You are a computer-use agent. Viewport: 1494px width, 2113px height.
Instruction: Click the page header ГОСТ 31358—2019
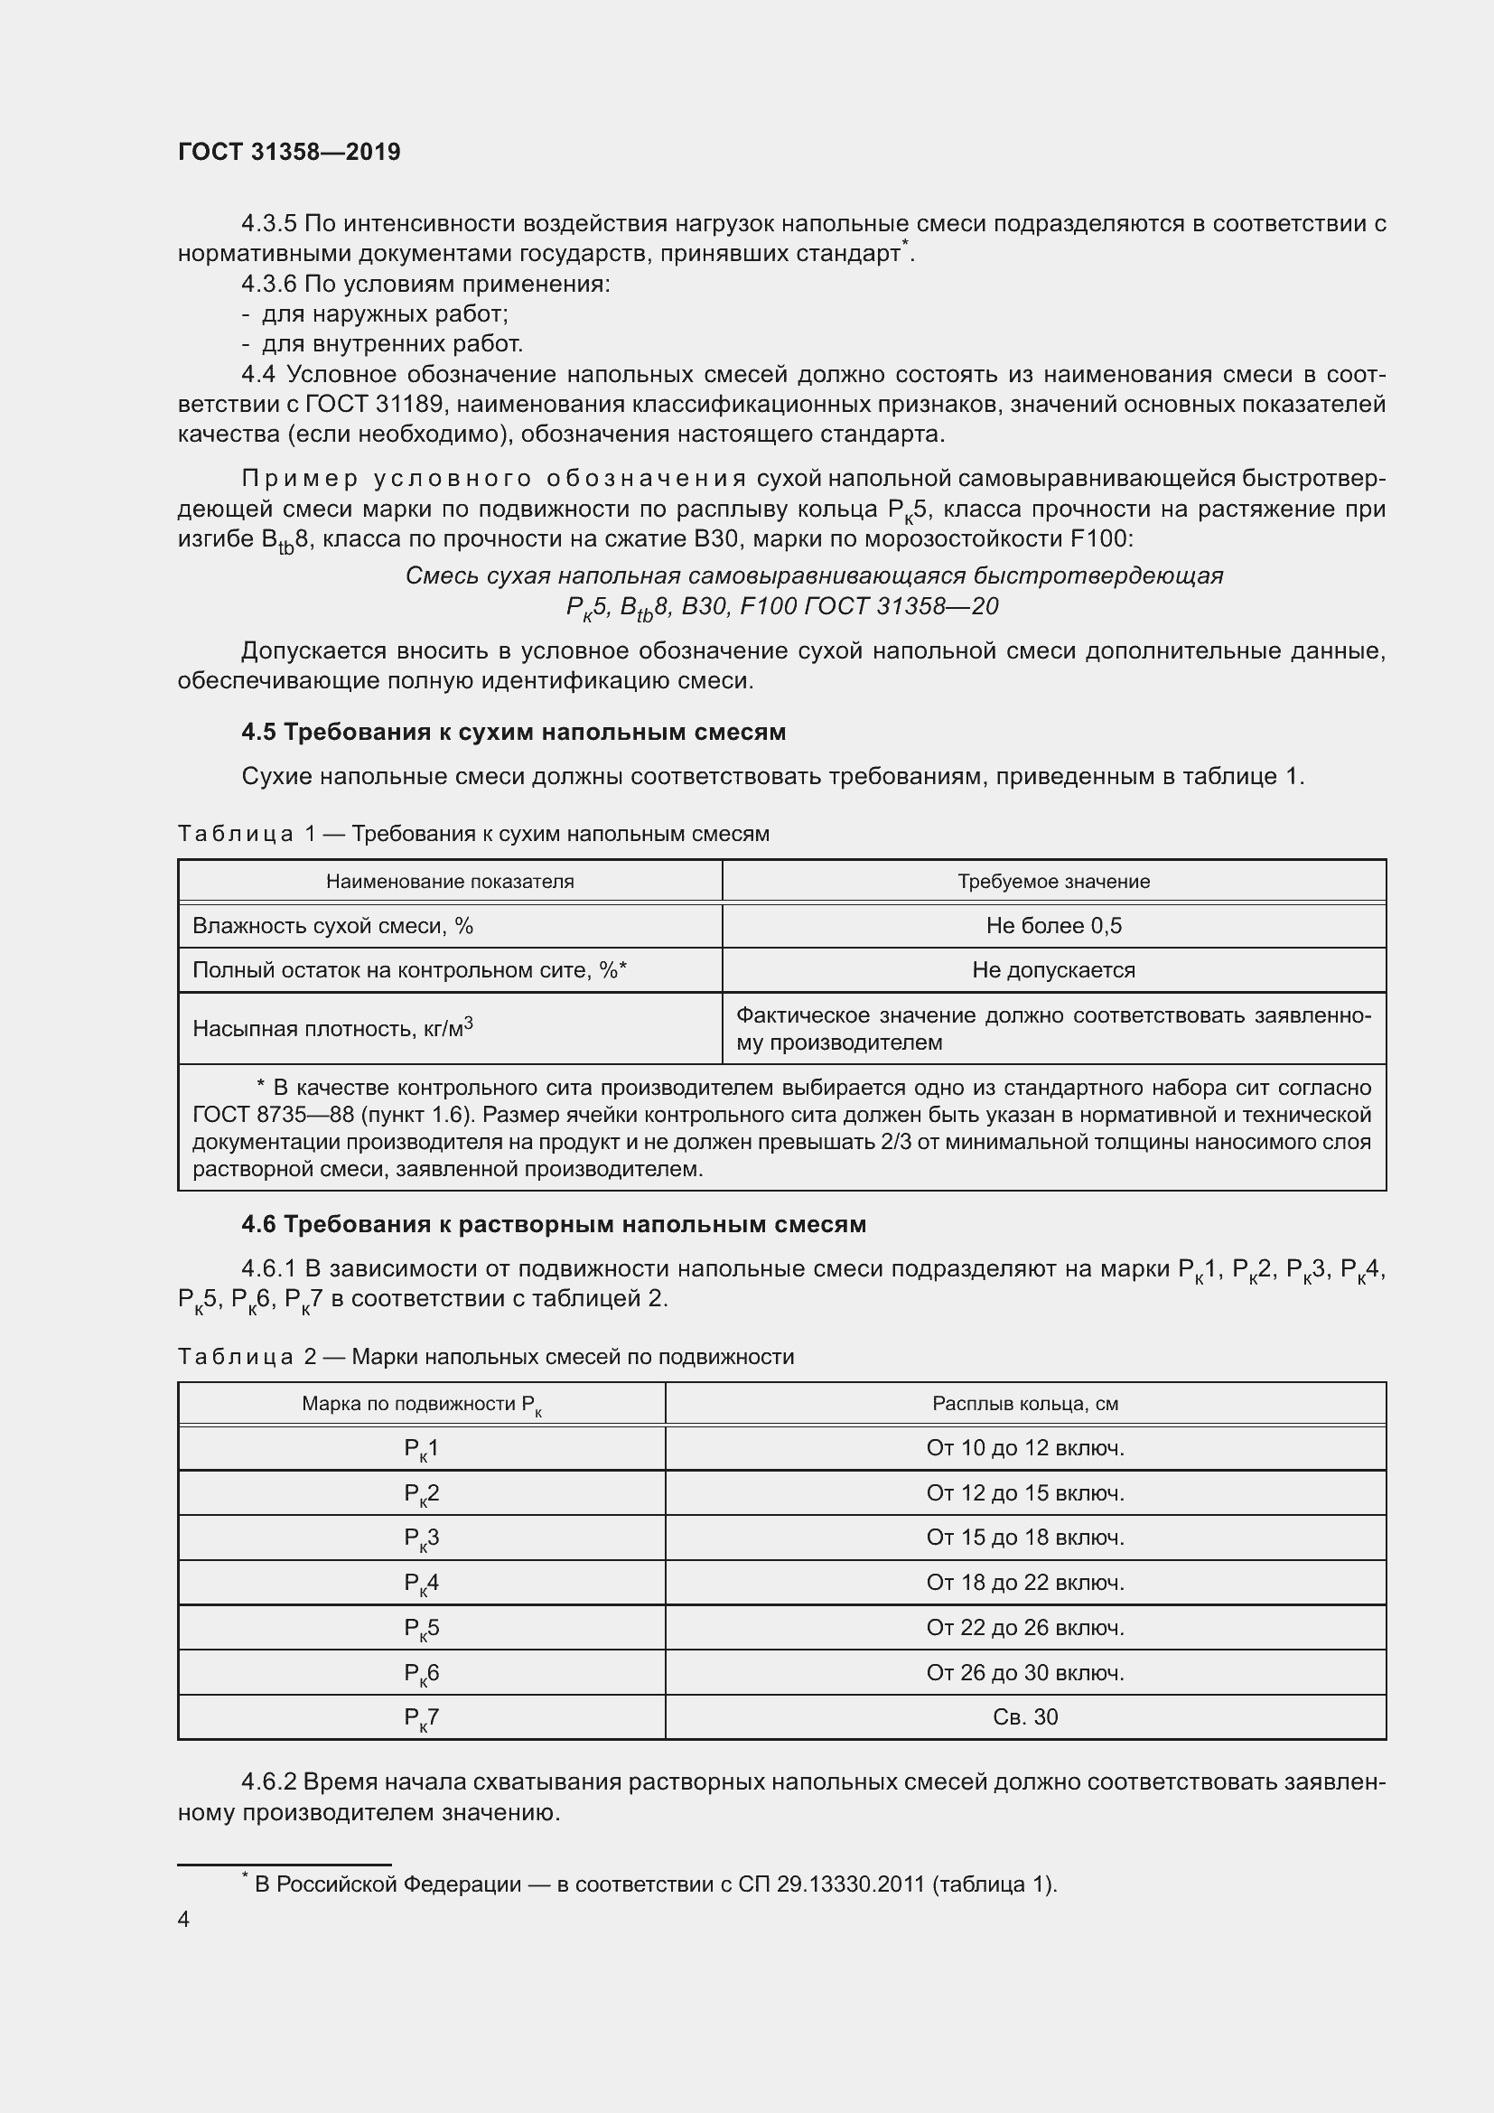289,152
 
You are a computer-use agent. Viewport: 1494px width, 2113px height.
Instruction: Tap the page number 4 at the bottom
184,1919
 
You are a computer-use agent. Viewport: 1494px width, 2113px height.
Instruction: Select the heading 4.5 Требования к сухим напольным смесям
513,732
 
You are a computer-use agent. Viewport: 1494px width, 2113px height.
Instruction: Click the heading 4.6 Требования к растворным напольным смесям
554,1224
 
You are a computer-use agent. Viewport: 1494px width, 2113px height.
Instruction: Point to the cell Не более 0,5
1053,926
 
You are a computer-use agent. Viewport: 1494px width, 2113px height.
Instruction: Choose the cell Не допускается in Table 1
1053,970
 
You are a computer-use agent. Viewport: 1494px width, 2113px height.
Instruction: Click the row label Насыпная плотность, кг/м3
332,1028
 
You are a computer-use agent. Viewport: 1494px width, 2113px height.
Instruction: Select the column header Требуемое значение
1053,882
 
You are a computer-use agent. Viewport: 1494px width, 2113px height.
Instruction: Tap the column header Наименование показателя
450,882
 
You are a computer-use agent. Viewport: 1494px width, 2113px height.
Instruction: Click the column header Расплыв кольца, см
1025,1404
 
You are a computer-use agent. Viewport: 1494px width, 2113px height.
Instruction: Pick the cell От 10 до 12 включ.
1025,1448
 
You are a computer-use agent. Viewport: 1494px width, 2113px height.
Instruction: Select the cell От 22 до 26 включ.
1025,1628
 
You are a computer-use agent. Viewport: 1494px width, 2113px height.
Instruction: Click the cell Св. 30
1025,1717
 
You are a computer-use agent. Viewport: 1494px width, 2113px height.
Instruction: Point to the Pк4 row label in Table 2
421,1583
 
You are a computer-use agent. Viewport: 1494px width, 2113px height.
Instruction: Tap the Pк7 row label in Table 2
421,1717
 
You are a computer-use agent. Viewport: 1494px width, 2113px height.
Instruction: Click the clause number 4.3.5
268,224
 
